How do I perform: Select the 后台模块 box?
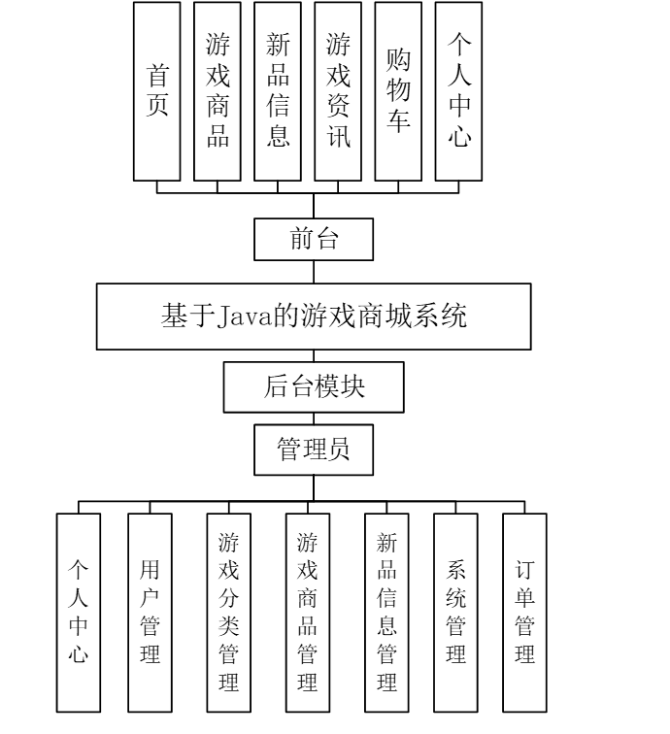pyautogui.click(x=314, y=386)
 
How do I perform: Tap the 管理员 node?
pyautogui.click(x=314, y=450)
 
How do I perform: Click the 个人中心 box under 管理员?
pyautogui.click(x=79, y=612)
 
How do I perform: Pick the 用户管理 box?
pyautogui.click(x=150, y=612)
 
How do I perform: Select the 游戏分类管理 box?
pyautogui.click(x=229, y=612)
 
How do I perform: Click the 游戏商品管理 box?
pyautogui.click(x=308, y=612)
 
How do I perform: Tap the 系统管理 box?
pyautogui.click(x=456, y=612)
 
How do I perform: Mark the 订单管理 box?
pyautogui.click(x=525, y=612)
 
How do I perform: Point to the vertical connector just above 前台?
pyautogui.click(x=314, y=207)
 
